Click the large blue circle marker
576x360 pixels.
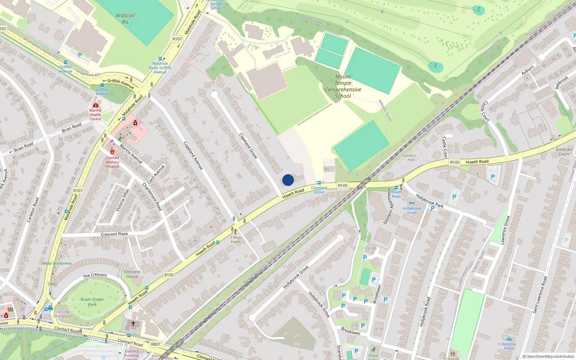[288, 180]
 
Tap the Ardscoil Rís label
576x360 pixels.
[125, 19]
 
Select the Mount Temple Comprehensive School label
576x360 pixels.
[343, 86]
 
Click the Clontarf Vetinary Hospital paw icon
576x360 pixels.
[112, 152]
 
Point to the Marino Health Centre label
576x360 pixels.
[95, 114]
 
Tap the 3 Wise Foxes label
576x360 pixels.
[235, 239]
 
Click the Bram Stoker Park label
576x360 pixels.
[92, 302]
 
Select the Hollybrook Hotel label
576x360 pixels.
[411, 211]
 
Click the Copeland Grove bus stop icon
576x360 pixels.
[319, 183]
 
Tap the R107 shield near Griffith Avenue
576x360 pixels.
[177, 39]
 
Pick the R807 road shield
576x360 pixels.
[156, 344]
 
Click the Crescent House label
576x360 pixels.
[132, 274]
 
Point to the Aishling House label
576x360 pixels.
[509, 346]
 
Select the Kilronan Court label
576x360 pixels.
[564, 152]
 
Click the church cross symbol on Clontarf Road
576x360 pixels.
[133, 324]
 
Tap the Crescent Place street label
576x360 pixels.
[114, 234]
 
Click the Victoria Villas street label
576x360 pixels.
[122, 200]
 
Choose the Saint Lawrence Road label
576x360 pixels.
[540, 294]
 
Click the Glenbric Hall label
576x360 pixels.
[409, 158]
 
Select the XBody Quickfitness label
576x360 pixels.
[57, 263]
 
